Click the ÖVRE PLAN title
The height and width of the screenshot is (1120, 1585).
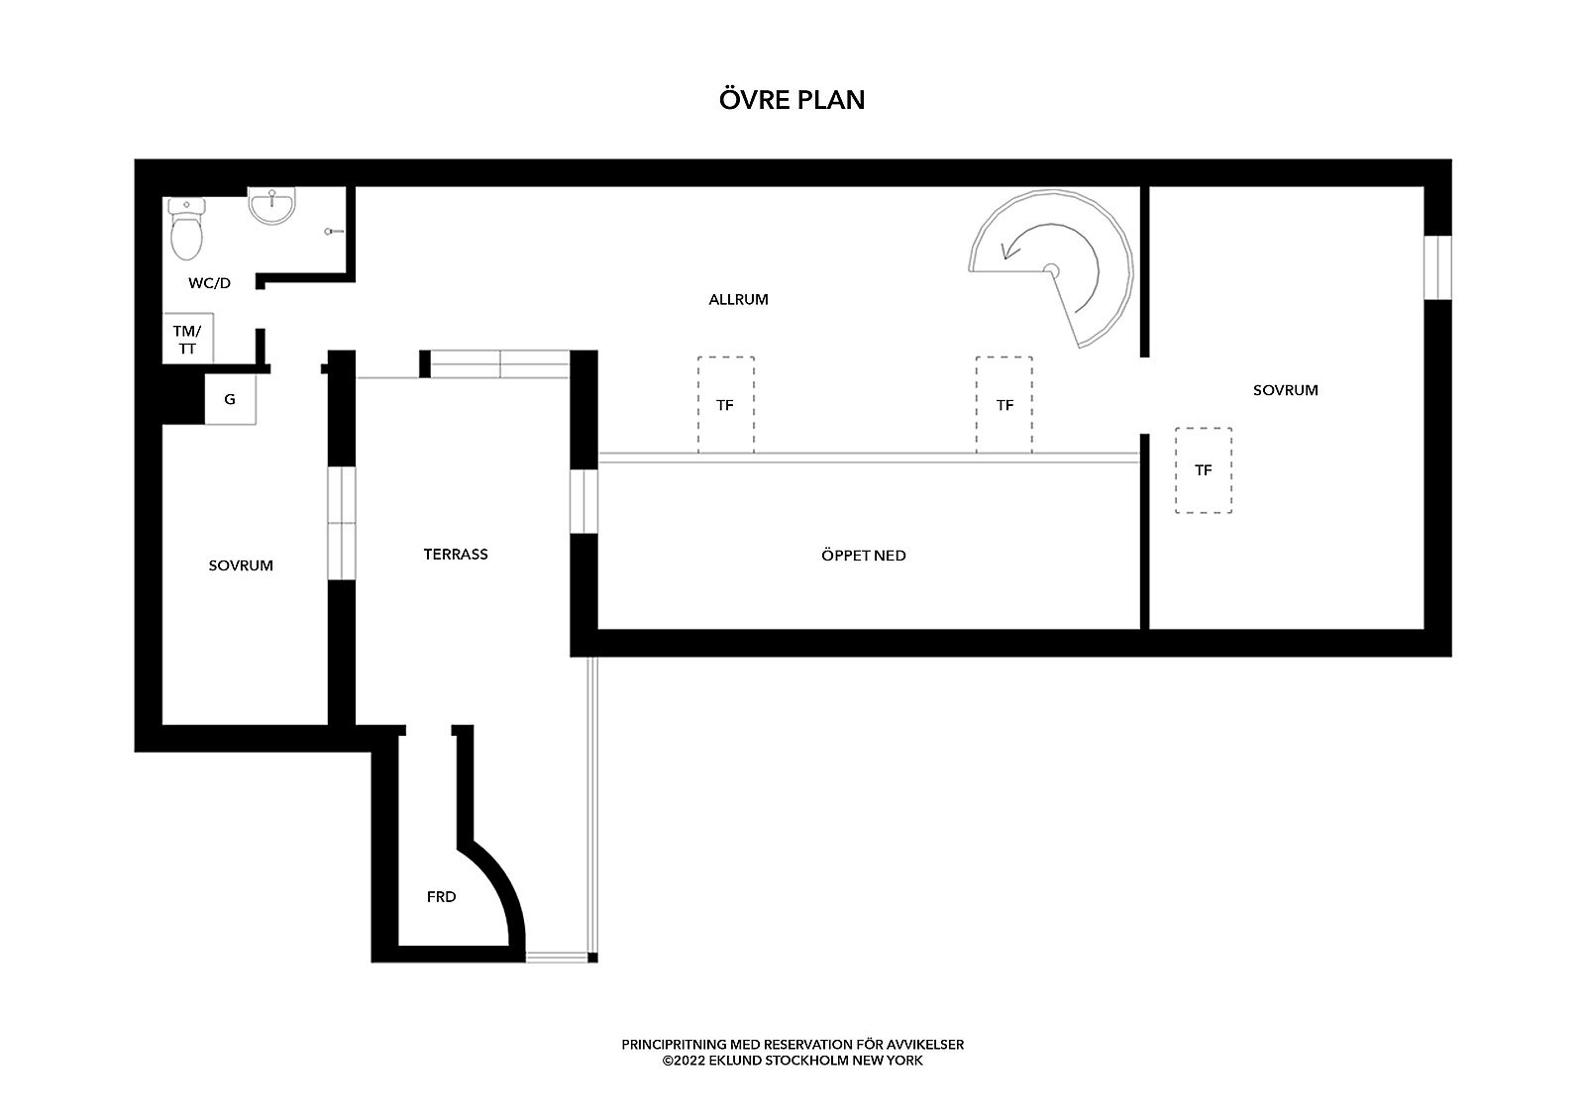tap(792, 99)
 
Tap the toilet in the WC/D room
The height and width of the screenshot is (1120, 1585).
tap(187, 229)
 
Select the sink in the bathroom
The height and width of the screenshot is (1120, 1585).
tap(271, 206)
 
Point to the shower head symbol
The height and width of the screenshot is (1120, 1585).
tap(334, 232)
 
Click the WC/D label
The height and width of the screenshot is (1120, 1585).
tap(209, 283)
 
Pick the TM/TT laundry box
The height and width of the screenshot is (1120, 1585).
tap(187, 339)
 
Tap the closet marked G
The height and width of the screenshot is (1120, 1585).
tap(230, 399)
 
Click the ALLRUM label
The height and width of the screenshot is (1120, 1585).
tap(738, 299)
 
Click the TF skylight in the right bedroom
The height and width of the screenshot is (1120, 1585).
tap(1203, 469)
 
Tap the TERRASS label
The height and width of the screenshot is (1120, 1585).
tap(456, 554)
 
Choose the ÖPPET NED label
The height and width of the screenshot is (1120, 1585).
tap(863, 556)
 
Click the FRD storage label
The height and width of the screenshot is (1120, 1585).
tap(441, 896)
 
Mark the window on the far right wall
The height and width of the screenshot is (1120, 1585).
tap(1437, 267)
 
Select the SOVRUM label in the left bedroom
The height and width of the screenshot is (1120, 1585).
tap(241, 565)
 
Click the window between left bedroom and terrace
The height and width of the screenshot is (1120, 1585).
tap(341, 523)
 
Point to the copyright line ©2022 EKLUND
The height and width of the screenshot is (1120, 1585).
tap(792, 1061)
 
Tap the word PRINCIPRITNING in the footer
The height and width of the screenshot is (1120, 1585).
tap(675, 1045)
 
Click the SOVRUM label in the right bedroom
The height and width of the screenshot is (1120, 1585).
tap(1285, 390)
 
